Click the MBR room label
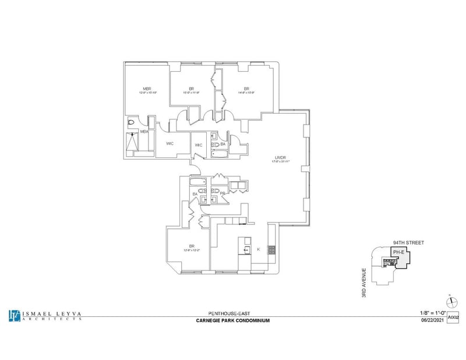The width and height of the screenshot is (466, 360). tap(147, 88)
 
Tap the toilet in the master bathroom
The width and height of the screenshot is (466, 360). tap(132, 122)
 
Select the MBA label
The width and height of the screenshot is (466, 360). tap(144, 132)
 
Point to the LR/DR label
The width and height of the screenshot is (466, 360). tap(283, 157)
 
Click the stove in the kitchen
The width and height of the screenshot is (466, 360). tap(271, 250)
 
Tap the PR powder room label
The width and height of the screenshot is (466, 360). tap(222, 193)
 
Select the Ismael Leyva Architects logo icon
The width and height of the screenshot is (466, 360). tap(14, 315)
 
